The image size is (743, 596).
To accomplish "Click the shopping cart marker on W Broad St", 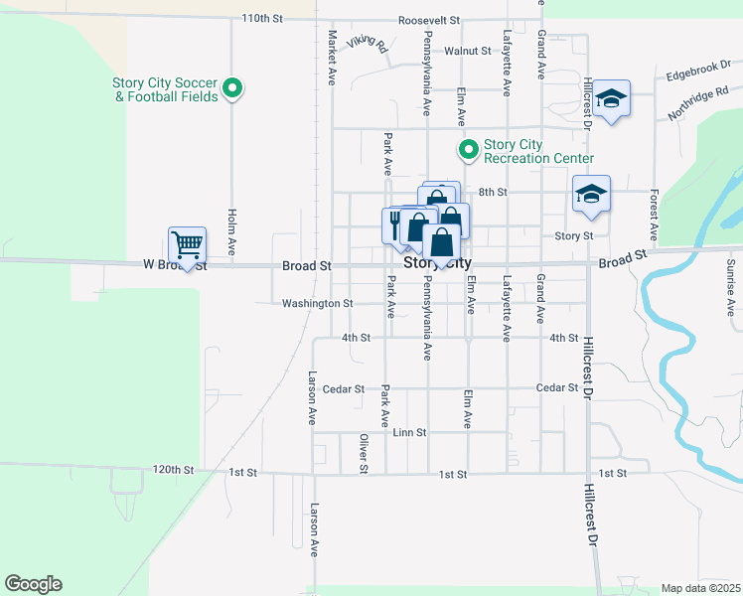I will (187, 244).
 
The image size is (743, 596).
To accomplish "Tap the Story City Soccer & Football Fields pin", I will (232, 89).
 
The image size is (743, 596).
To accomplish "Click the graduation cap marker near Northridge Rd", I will (612, 99).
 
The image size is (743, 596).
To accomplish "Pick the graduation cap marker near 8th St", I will (591, 195).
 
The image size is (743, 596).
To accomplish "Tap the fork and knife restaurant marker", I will (395, 223).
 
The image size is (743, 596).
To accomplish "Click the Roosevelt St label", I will (429, 20).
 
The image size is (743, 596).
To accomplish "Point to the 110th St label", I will (262, 19).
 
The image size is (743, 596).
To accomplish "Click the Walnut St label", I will (467, 51).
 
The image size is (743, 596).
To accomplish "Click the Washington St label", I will (317, 303).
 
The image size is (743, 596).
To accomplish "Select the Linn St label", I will (409, 433).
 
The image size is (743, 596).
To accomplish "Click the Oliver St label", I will (364, 453).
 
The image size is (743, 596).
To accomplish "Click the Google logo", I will (33, 584).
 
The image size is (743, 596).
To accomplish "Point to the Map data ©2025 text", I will (699, 588).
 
